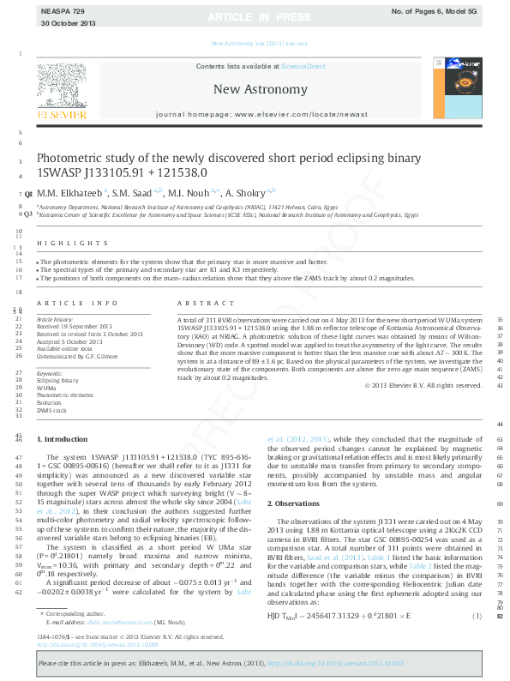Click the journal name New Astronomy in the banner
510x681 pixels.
(260, 89)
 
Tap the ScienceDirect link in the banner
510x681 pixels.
(303, 66)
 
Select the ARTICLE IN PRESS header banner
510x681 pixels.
(254, 16)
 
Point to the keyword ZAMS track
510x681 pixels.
(51, 412)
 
